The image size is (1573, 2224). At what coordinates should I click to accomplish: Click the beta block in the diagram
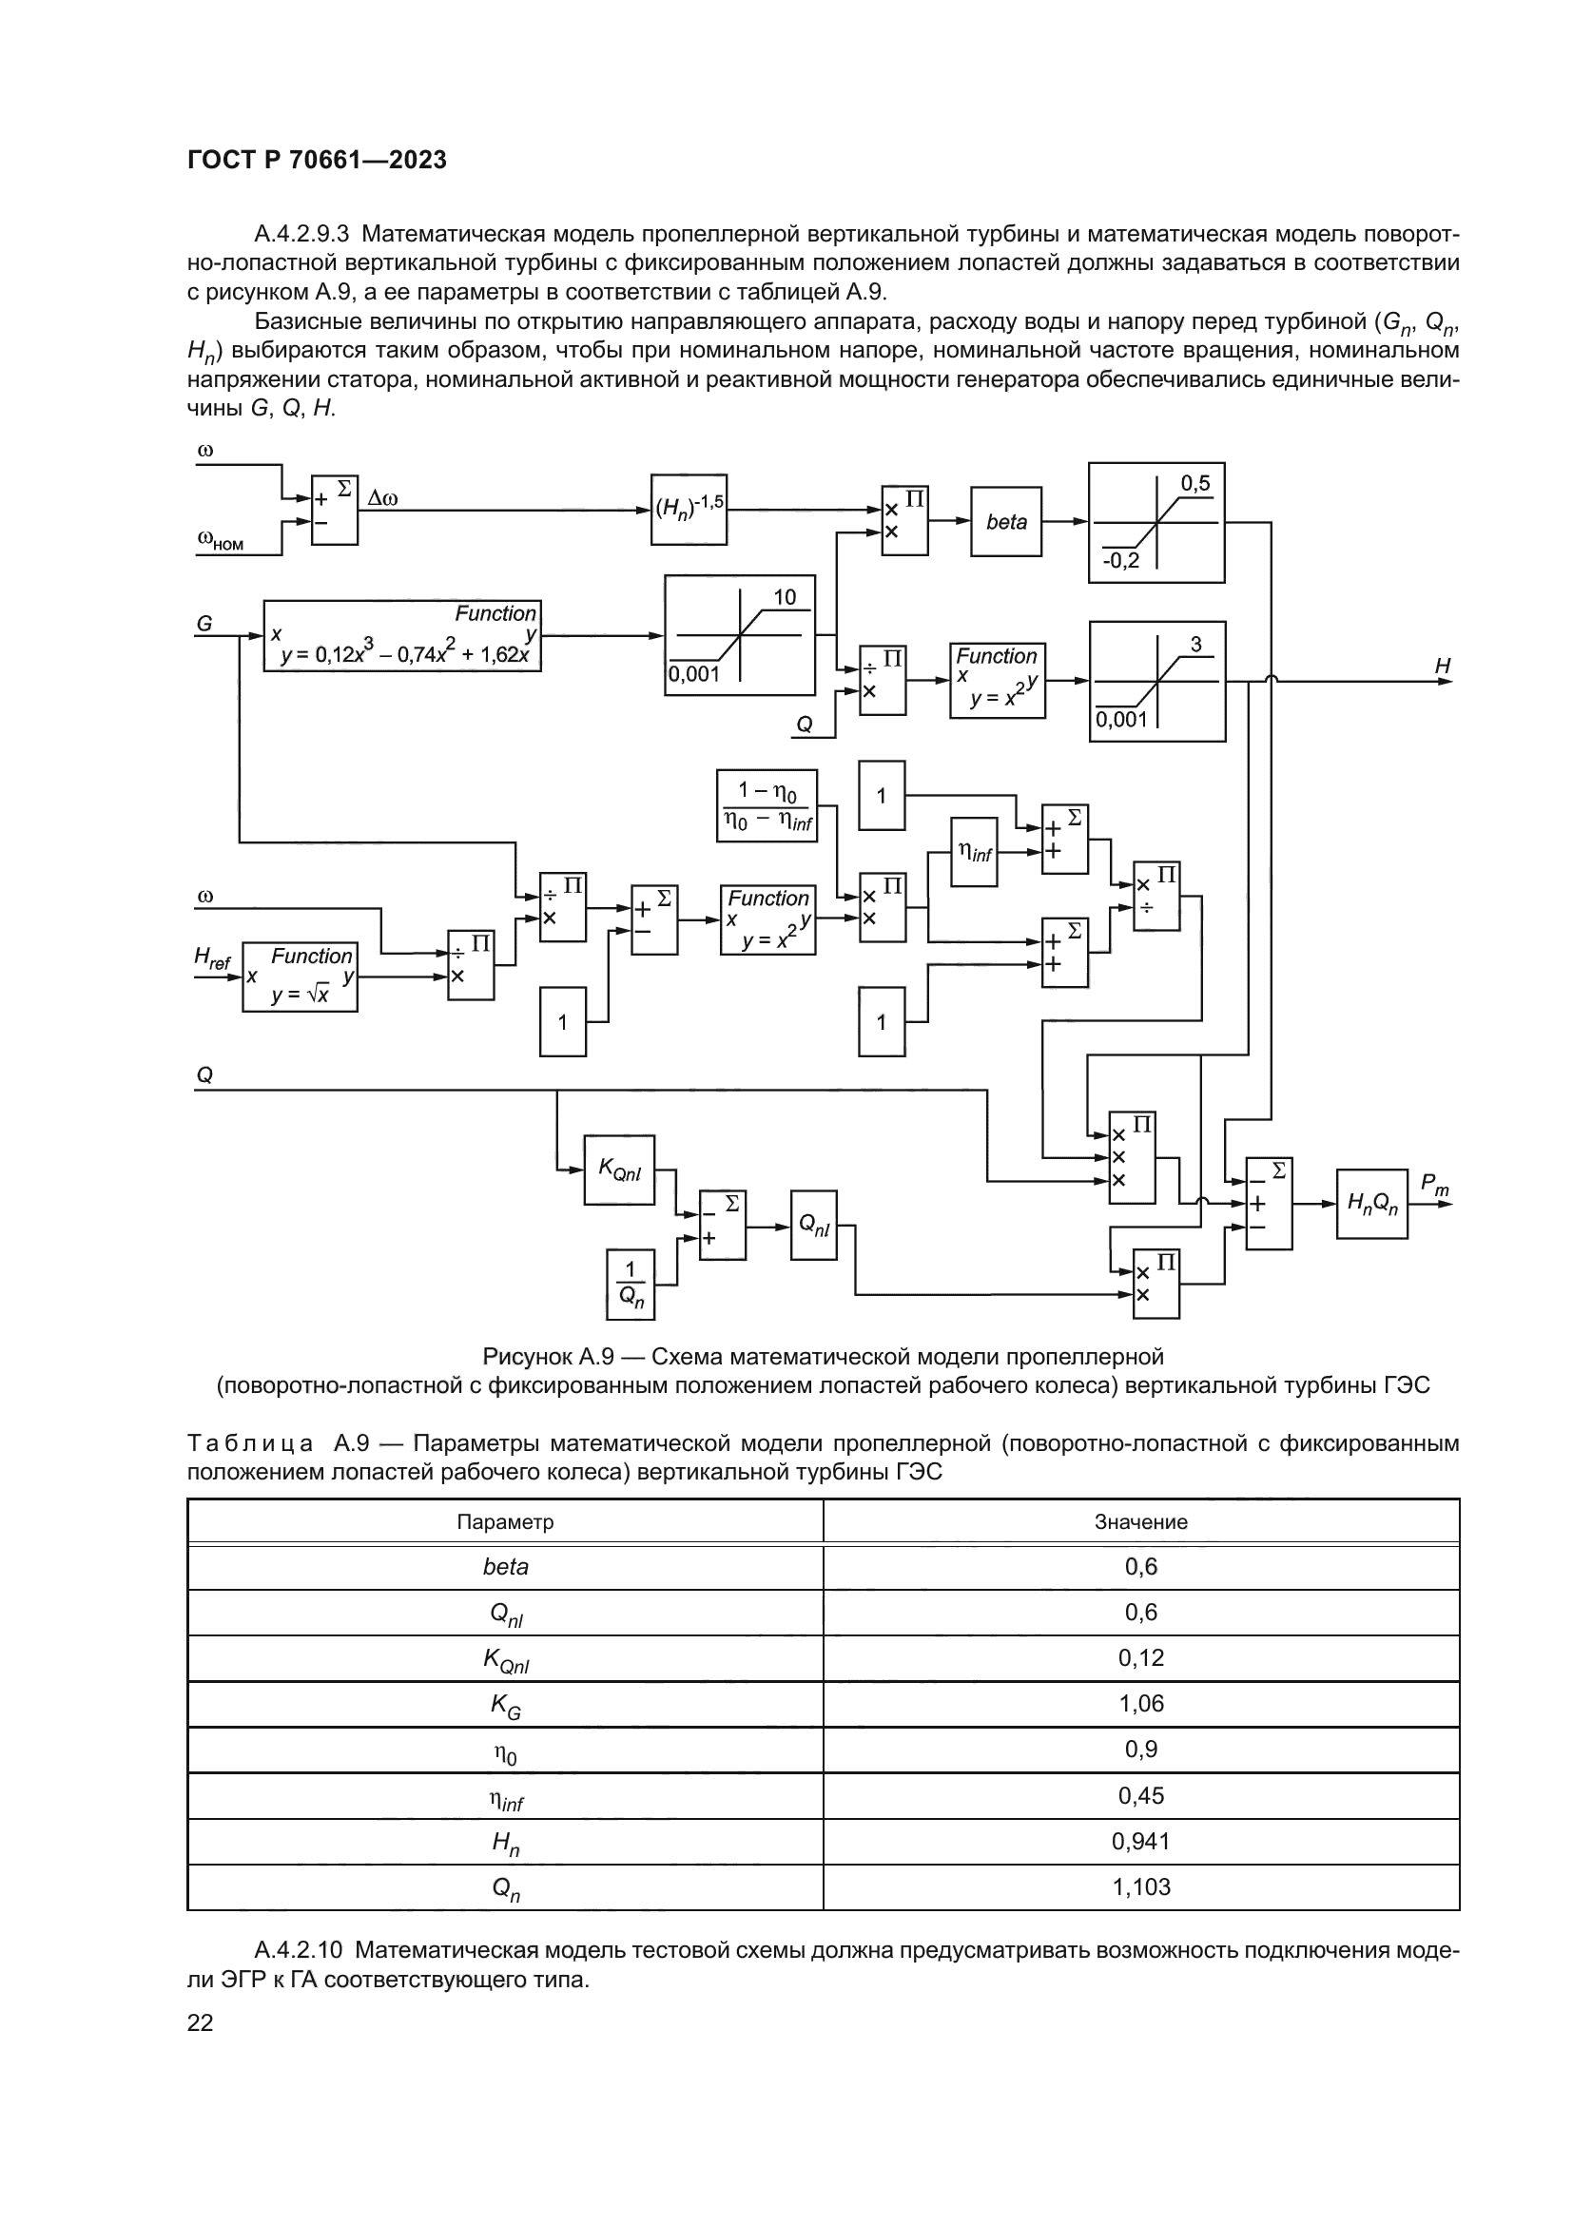coord(1005,521)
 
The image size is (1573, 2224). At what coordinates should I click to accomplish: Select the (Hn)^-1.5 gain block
coord(688,509)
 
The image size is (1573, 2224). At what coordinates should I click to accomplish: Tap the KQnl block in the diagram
coord(619,1170)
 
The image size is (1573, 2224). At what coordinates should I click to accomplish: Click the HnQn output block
coord(1370,1203)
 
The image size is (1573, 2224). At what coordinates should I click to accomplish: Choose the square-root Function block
coord(300,977)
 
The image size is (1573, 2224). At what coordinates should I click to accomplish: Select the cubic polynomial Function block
coord(402,635)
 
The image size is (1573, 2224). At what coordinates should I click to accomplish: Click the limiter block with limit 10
coord(739,634)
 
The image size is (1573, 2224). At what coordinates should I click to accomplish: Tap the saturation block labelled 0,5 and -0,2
coord(1155,522)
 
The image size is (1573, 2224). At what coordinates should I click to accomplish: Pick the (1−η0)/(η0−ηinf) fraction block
coord(767,806)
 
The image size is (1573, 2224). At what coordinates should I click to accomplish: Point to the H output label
coord(1443,666)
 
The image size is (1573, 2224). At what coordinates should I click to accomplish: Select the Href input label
coord(212,959)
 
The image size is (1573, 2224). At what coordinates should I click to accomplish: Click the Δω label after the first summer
coord(382,499)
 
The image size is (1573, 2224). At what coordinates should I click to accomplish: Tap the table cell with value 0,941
coord(1140,1841)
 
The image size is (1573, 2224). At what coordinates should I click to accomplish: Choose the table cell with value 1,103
coord(1140,1886)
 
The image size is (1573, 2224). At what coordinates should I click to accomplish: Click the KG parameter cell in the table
coord(505,1705)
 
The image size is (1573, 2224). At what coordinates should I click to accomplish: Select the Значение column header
coord(1140,1521)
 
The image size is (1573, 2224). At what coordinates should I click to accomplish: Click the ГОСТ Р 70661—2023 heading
coord(317,160)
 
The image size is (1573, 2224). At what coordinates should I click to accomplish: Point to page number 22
coord(200,2021)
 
